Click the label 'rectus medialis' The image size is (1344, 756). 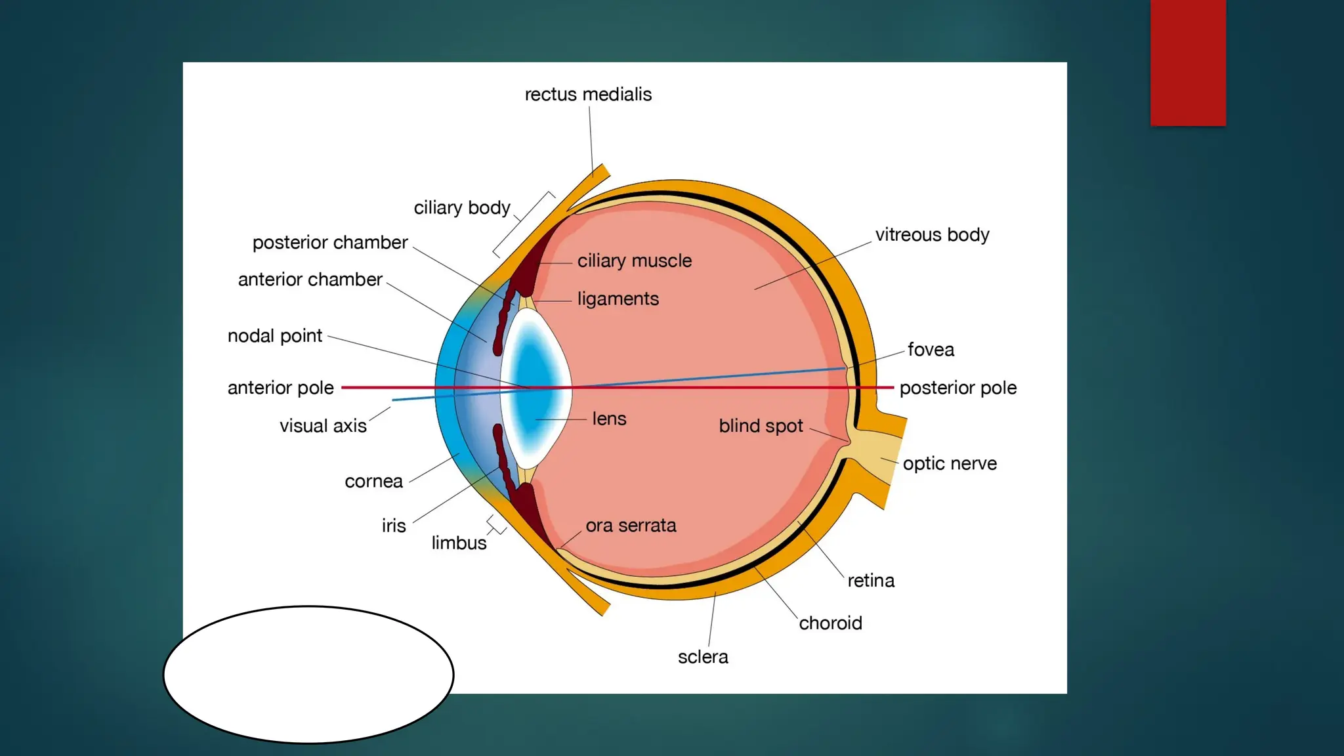[x=588, y=94]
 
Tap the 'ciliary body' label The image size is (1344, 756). [x=461, y=208]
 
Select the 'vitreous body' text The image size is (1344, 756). [x=932, y=235]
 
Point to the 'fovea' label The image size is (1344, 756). [x=931, y=350]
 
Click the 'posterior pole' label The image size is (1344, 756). [x=957, y=388]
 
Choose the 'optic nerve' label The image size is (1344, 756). [x=950, y=464]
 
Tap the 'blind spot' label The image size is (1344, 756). [x=761, y=426]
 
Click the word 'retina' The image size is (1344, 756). [x=871, y=581]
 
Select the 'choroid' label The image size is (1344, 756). [x=830, y=623]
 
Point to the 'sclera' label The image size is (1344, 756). [x=703, y=657]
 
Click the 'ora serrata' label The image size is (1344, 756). [x=631, y=526]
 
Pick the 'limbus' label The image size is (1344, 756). [x=459, y=543]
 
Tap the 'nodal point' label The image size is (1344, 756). [x=274, y=336]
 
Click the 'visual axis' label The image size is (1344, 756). [x=323, y=426]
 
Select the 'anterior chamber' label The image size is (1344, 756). [x=310, y=280]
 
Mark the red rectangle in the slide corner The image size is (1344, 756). [x=1188, y=62]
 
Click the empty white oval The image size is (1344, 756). [x=308, y=675]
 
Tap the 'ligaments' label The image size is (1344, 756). [x=618, y=299]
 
